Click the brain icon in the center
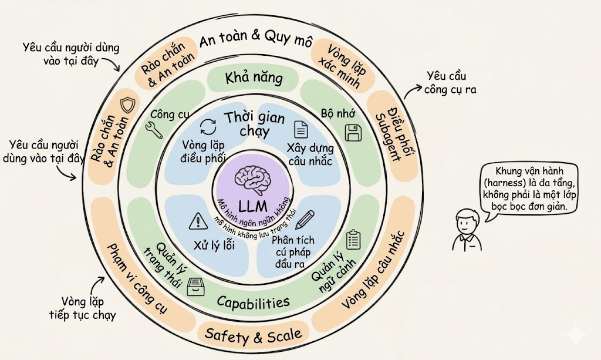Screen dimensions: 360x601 click(254, 179)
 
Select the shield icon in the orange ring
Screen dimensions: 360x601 click(127, 106)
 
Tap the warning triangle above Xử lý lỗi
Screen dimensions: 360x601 click(195, 221)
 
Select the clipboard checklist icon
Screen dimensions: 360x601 click(353, 238)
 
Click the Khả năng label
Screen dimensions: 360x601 click(254, 77)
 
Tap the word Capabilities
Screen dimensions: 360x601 click(253, 302)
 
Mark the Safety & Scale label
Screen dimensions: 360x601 click(253, 335)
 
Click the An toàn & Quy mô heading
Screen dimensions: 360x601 click(254, 39)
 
